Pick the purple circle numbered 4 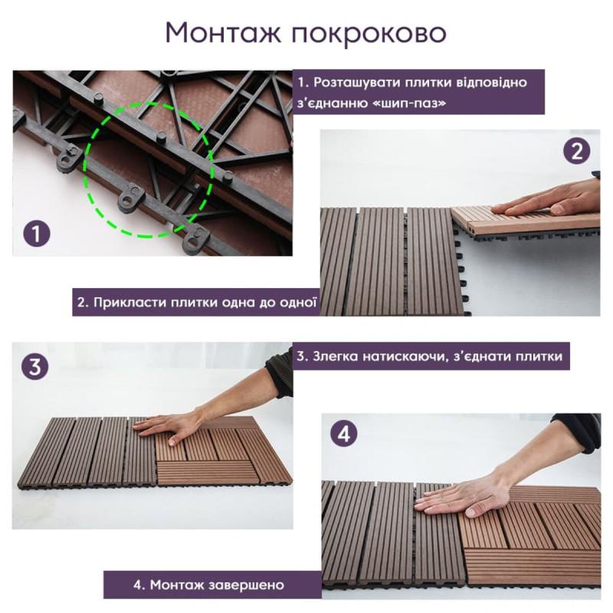(x=344, y=434)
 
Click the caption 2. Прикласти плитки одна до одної (x=196, y=302)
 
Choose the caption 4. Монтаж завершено (x=208, y=585)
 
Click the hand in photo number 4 (x=460, y=498)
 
